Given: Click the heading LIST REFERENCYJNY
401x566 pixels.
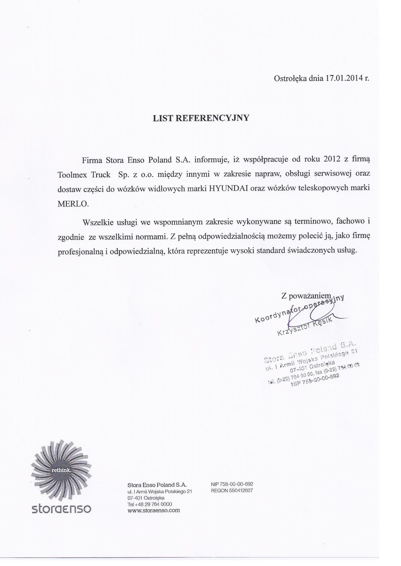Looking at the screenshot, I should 201,118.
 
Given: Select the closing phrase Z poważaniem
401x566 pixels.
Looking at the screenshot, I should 307,296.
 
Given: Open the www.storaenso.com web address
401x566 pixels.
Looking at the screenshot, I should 154,511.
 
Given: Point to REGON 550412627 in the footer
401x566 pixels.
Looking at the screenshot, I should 232,491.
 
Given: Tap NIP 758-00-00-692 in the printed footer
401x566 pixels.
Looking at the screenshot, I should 232,484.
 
